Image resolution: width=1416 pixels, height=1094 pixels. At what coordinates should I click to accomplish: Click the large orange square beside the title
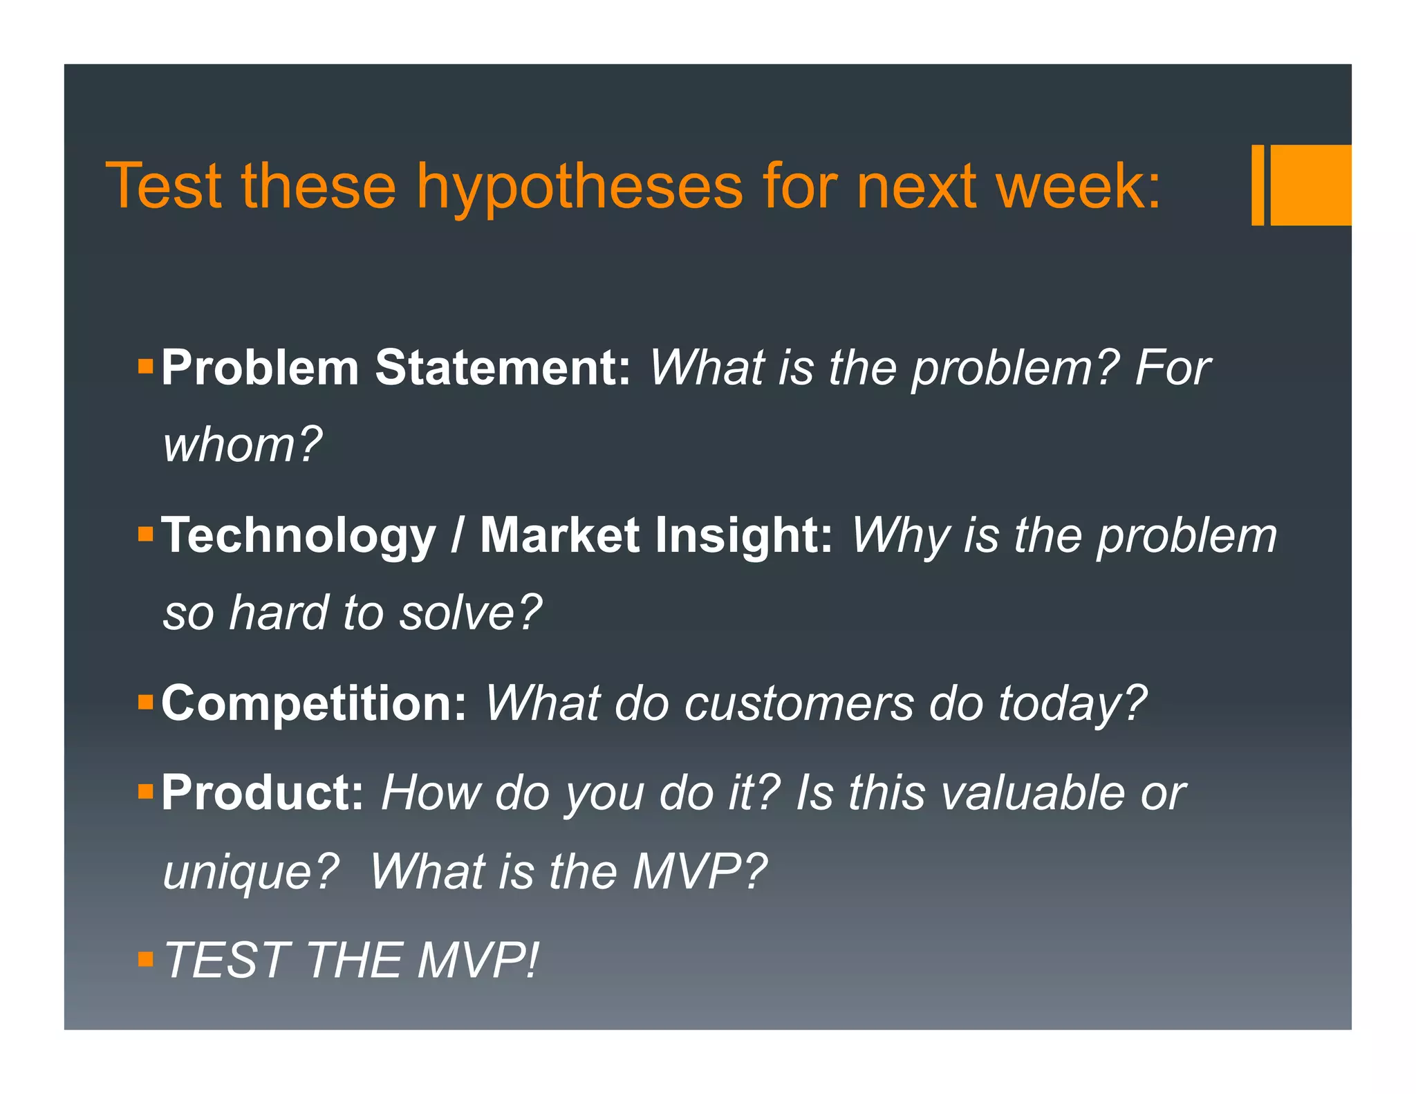(1310, 185)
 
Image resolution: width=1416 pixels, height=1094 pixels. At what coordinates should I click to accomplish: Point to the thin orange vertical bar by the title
(1258, 185)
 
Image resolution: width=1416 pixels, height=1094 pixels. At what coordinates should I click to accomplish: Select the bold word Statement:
(503, 367)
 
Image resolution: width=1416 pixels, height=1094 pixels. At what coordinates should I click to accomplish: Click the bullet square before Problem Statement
(145, 366)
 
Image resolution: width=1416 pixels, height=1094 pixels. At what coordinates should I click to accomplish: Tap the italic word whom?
(242, 445)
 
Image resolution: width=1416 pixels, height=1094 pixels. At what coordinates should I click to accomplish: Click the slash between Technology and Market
(457, 536)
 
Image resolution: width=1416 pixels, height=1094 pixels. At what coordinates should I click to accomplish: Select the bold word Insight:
(744, 536)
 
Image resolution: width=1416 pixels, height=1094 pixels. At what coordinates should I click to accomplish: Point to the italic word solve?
(470, 613)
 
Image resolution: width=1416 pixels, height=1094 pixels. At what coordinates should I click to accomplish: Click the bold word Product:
(263, 793)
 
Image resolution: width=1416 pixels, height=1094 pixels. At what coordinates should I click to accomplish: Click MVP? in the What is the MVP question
(699, 871)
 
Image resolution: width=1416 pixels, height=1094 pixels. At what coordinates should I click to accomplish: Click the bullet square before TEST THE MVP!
(145, 959)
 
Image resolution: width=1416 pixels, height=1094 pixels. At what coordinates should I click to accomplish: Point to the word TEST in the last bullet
(227, 961)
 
